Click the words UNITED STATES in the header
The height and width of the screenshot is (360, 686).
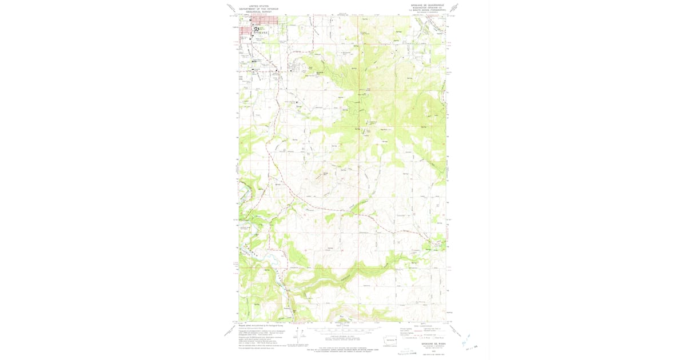[258, 6]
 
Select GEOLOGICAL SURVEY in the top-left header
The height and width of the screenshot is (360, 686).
[258, 11]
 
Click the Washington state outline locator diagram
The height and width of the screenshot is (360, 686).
[389, 341]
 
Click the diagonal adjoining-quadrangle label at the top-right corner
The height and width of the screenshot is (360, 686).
[454, 7]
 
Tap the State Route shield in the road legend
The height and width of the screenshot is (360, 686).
[433, 337]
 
